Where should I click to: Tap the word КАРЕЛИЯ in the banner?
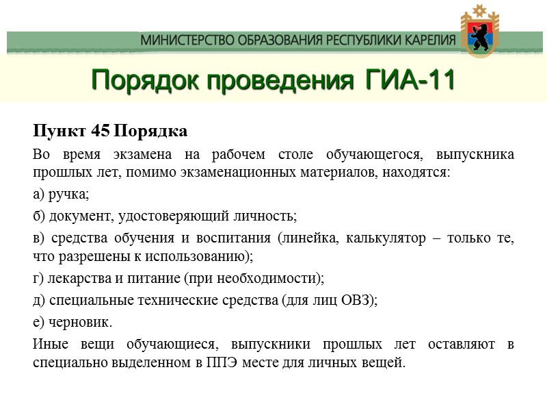pyautogui.click(x=425, y=40)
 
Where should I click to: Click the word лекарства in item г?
pyautogui.click(x=72, y=279)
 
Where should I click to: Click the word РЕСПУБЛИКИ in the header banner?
pyautogui.click(x=350, y=40)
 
